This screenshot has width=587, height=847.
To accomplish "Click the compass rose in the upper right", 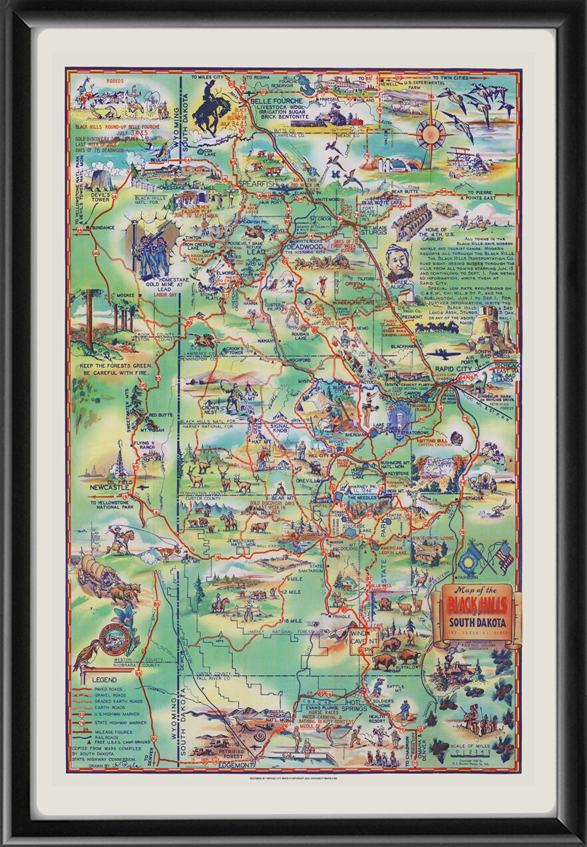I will (430, 133).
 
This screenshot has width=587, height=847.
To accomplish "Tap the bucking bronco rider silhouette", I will (212, 111).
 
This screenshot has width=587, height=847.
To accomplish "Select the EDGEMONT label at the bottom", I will (240, 766).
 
